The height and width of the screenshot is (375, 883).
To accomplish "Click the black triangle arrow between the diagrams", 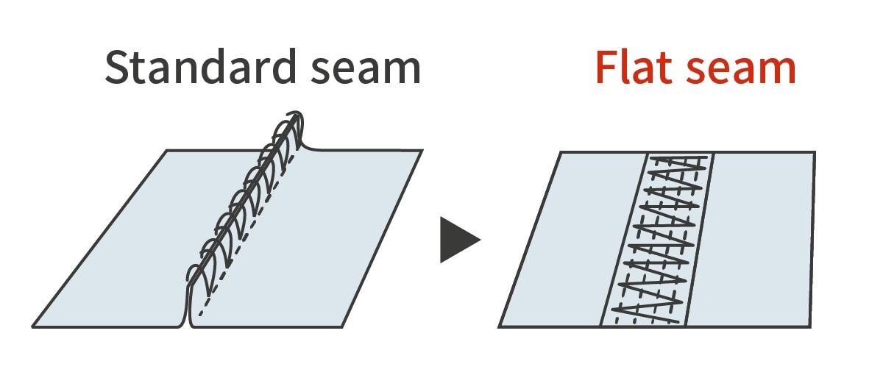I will [458, 239].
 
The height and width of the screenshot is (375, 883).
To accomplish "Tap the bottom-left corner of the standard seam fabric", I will [33, 326].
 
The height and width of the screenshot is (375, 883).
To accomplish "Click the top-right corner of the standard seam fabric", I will [422, 151].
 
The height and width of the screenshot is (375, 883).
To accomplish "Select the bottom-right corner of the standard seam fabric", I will [344, 326].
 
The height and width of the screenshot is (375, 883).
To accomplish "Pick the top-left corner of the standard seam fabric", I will [167, 151].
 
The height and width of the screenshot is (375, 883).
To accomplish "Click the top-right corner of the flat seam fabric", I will [815, 152].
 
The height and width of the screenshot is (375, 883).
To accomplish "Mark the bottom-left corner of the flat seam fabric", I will [499, 326].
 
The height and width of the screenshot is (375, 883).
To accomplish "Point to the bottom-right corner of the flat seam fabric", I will [812, 326].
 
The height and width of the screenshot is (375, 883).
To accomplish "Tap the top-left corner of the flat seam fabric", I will [561, 152].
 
